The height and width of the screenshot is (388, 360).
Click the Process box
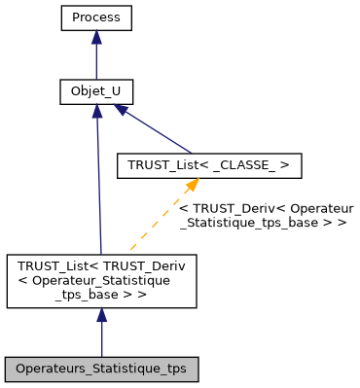click(95, 18)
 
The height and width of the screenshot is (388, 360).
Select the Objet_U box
click(95, 92)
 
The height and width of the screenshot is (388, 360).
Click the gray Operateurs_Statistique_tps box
click(101, 370)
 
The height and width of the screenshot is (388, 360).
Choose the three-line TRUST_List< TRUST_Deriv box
click(101, 281)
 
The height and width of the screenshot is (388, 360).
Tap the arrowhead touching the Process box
click(95, 37)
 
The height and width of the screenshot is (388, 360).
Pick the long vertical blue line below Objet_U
click(98, 185)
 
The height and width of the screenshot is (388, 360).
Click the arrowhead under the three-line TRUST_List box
click(101, 316)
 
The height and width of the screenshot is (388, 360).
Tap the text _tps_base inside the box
click(101, 295)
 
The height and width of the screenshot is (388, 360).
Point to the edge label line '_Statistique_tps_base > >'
click(264, 223)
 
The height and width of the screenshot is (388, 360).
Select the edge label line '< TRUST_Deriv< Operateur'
click(266, 209)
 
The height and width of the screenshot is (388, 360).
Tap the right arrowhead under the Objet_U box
click(123, 112)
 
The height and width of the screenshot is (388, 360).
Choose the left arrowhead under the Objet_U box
click(96, 112)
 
